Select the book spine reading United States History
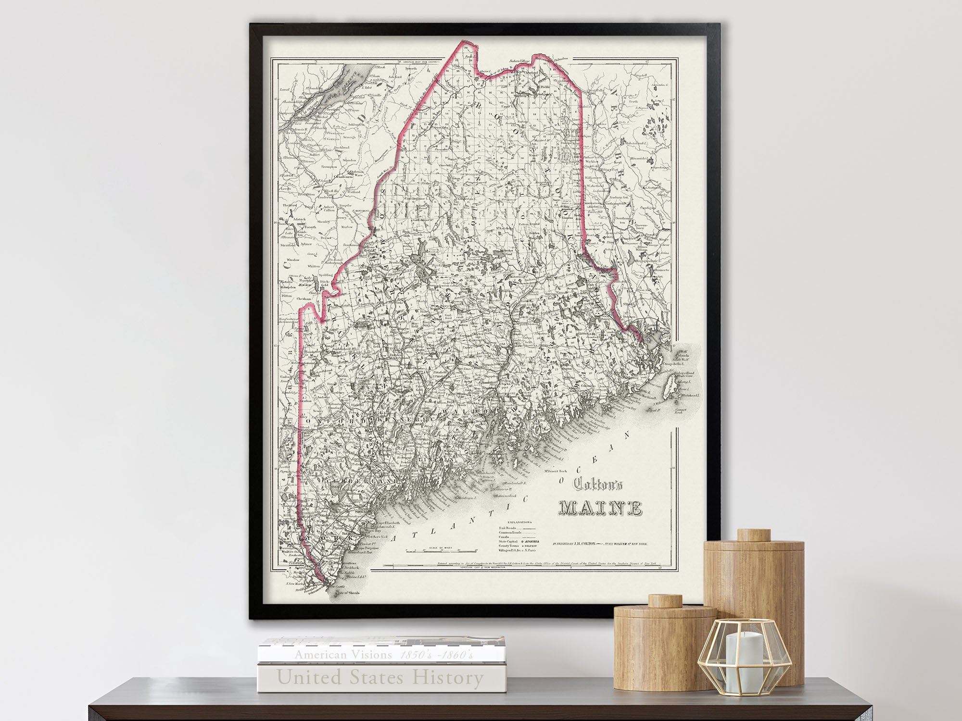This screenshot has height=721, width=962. tap(380, 678)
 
